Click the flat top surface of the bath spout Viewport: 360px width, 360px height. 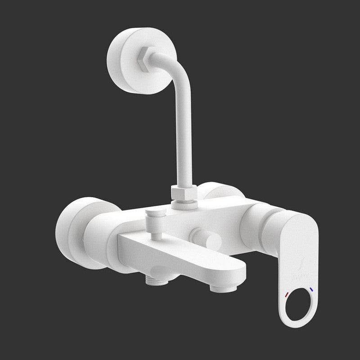189,256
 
